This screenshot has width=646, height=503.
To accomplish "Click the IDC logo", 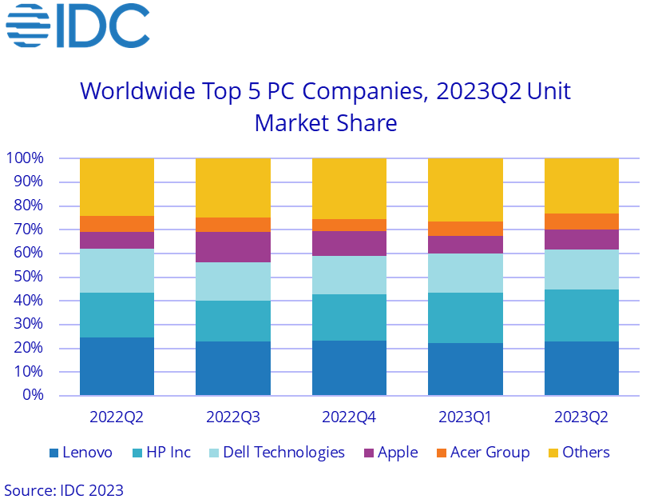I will coord(77,26).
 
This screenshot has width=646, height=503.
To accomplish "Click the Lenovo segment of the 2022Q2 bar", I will coord(117,366).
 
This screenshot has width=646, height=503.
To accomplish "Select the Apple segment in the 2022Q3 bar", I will coord(232,247).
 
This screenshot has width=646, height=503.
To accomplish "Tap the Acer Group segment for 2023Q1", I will coord(465,229).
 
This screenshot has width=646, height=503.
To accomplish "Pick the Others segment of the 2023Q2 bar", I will coord(581,186).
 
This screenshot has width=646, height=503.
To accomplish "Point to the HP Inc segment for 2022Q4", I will coord(349,317).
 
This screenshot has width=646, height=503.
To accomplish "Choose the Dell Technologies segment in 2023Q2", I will coord(581,269).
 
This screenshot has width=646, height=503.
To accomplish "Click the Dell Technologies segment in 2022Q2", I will coord(117,271).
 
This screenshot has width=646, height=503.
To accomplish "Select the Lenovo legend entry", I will coord(81,453).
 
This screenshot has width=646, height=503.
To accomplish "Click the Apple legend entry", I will coord(390,453).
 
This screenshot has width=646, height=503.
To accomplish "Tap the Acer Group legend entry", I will coord(482,453).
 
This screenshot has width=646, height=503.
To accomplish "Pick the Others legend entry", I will coord(577,453).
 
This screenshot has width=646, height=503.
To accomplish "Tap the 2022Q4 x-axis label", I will coord(349,417).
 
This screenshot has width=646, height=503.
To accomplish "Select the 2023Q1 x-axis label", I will coord(465,417).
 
